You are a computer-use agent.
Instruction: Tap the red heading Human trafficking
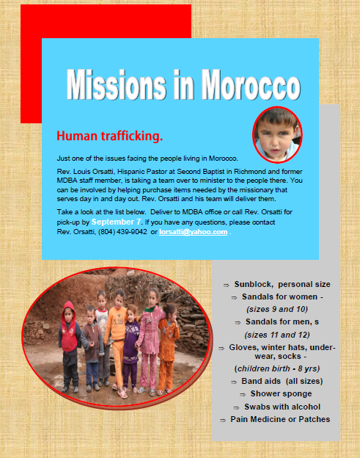tap(110, 136)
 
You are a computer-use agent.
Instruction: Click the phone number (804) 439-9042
tap(122, 232)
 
